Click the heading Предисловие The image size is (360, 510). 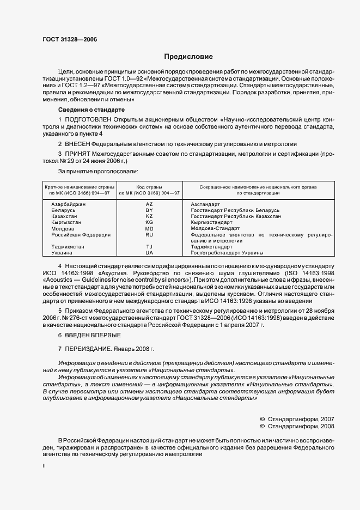pyautogui.click(x=188, y=57)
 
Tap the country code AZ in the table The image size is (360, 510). pyautogui.click(x=149, y=204)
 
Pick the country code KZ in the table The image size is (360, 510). pyautogui.click(x=149, y=216)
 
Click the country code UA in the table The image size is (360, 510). pyautogui.click(x=149, y=253)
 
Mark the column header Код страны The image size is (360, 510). pyautogui.click(x=149, y=187)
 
